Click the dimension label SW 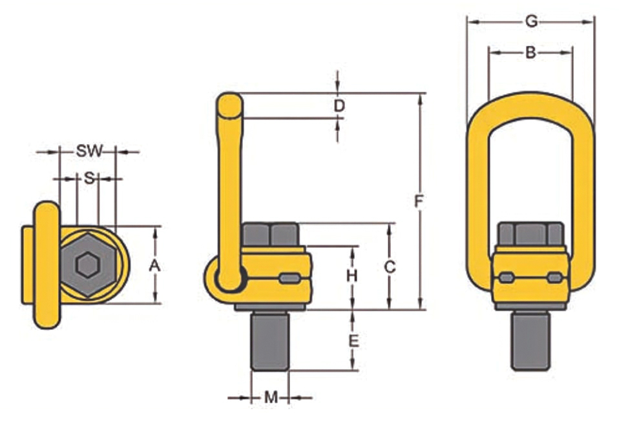point(89,152)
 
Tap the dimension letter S point(89,178)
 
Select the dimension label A point(154,265)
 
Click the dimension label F point(419,202)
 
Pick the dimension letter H point(351,276)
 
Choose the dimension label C point(390,266)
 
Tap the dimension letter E point(353,341)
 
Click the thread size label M point(271,398)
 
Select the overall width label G point(530,21)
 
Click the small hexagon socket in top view point(87,264)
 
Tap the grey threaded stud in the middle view point(270,340)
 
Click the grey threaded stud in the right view point(530,340)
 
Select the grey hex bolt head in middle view point(270,234)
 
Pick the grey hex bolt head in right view point(530,234)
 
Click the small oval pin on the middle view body point(290,279)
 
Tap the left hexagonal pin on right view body point(507,278)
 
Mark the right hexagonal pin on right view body point(554,278)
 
